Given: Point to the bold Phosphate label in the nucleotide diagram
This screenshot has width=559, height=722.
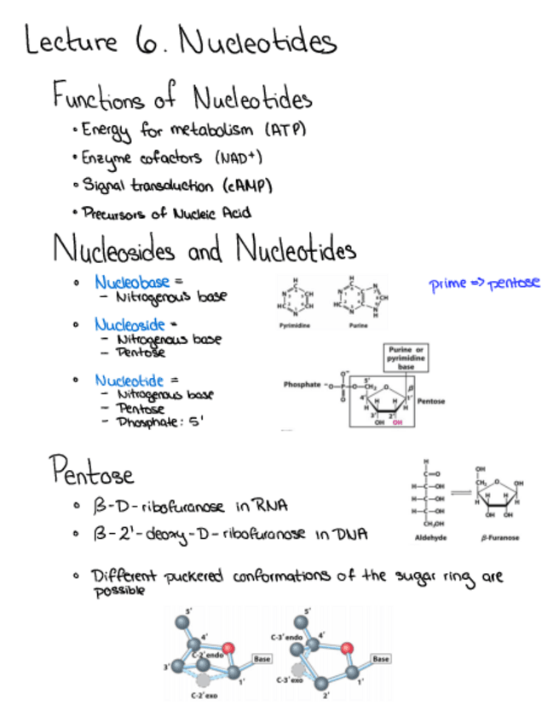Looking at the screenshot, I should (302, 385).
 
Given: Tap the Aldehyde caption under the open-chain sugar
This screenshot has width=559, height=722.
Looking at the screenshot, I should (426, 537).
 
